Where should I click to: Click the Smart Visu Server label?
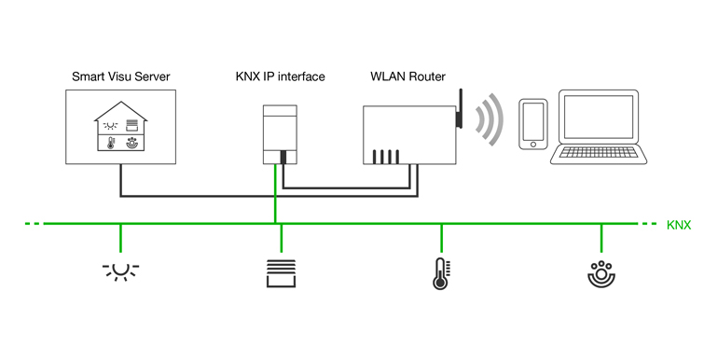coord(121,76)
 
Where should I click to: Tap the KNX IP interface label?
coord(281,76)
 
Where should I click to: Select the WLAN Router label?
coord(408,76)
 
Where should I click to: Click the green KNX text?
coord(679,225)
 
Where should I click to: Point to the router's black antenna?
coord(460,108)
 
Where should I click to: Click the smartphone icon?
coord(533,124)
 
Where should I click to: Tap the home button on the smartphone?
coord(533,145)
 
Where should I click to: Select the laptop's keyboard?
coord(598,153)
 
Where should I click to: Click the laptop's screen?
coord(599,117)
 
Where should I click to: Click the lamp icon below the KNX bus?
coord(120,270)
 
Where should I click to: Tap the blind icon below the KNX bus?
coord(282,273)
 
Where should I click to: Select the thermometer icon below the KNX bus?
coord(440,274)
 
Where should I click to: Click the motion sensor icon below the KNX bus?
coord(601,274)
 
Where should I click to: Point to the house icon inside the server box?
coord(121,126)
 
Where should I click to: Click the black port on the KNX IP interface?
coord(283,157)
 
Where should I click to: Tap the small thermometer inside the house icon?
coord(110,144)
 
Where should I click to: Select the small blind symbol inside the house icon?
coord(131,125)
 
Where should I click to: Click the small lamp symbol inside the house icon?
coord(110,126)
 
